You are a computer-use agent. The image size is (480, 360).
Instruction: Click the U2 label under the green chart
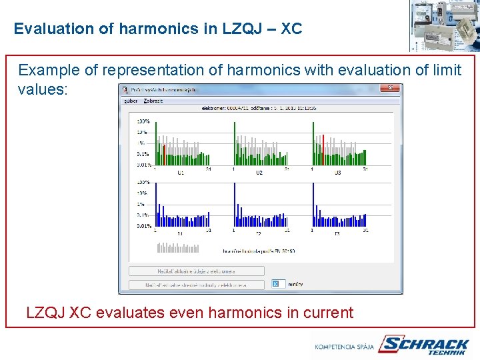click(259, 172)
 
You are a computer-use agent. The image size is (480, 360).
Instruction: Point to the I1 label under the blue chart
click(180, 234)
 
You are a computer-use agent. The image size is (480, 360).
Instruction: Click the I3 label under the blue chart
click(337, 234)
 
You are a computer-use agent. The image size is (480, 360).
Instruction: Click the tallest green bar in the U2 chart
click(235, 143)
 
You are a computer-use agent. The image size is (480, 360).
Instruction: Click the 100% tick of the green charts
click(143, 121)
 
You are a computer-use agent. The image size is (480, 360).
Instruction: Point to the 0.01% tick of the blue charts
click(143, 226)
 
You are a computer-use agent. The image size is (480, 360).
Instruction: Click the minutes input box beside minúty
click(277, 285)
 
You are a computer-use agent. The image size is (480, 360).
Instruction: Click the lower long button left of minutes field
click(196, 285)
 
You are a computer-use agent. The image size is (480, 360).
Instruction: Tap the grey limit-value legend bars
click(177, 248)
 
